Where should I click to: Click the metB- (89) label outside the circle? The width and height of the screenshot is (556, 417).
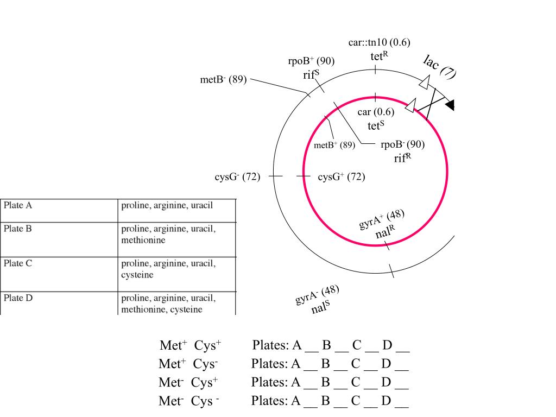[223, 79]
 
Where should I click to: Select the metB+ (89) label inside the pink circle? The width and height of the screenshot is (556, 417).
[334, 144]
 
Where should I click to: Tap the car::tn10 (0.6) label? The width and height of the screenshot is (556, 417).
[380, 42]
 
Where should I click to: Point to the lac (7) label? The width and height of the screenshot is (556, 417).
[439, 67]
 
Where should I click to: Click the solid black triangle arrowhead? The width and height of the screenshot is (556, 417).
[450, 105]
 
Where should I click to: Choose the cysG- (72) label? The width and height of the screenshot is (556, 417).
[237, 176]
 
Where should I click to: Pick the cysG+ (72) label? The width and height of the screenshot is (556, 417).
[342, 176]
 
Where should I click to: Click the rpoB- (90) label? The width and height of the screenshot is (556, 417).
[402, 144]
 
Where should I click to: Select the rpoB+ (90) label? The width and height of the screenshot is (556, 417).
[311, 61]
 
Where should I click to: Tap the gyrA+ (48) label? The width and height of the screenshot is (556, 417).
[382, 219]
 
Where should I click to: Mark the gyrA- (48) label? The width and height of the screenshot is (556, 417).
[317, 295]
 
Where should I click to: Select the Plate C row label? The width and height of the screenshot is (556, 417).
[18, 263]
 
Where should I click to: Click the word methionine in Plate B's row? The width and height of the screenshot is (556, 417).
[143, 240]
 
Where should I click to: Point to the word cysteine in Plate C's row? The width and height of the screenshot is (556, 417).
[137, 275]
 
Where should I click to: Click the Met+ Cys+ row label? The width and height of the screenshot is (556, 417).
[191, 345]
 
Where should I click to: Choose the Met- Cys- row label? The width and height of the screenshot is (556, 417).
[188, 401]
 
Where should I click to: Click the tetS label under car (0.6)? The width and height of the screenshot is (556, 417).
[376, 125]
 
